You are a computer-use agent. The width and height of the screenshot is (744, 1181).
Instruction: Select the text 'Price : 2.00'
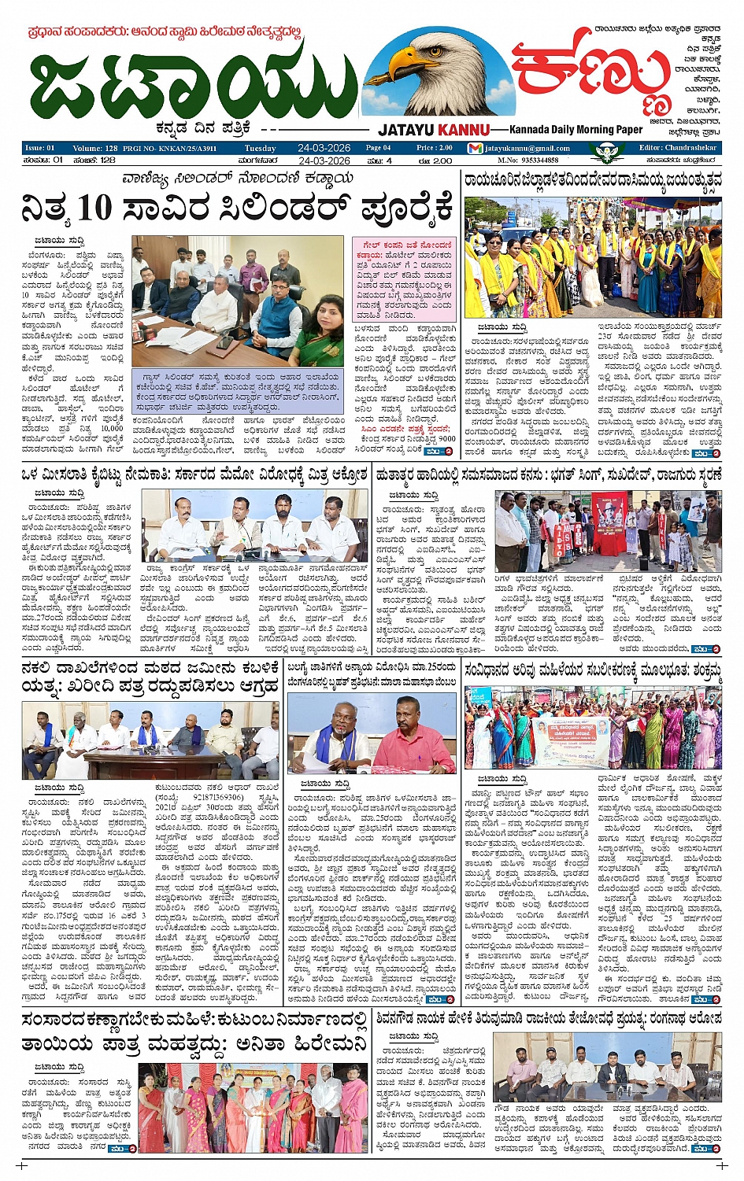click(435, 148)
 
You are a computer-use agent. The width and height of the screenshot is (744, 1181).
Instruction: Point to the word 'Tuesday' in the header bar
click(260, 148)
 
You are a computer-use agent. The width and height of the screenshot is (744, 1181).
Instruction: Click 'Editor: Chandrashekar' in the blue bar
click(677, 147)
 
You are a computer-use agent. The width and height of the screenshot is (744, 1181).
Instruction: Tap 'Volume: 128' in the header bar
click(94, 148)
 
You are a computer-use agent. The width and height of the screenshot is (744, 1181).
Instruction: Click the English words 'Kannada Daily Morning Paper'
click(576, 130)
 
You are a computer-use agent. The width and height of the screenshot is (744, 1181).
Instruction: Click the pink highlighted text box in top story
click(404, 279)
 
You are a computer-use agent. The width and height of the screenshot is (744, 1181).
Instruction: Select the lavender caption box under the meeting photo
click(239, 392)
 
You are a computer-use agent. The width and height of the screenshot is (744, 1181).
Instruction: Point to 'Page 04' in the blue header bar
click(378, 148)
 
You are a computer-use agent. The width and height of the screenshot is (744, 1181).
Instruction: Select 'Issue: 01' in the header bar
click(39, 148)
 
